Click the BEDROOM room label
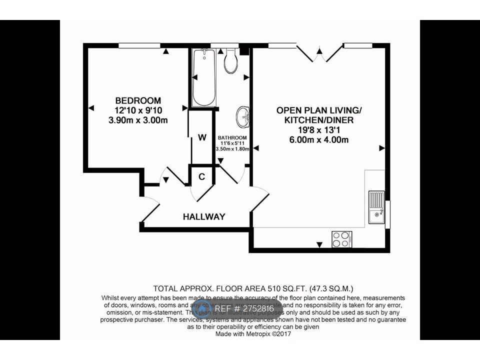[x=138, y=100]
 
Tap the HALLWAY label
[x=203, y=216]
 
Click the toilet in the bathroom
[x=230, y=60]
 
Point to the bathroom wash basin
[x=243, y=116]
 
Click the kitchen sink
[x=375, y=206]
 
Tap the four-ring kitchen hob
[x=342, y=237]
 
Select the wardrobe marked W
[x=202, y=137]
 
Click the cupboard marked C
[x=202, y=176]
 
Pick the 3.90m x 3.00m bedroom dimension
[x=138, y=120]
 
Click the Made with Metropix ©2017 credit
[x=253, y=333]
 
